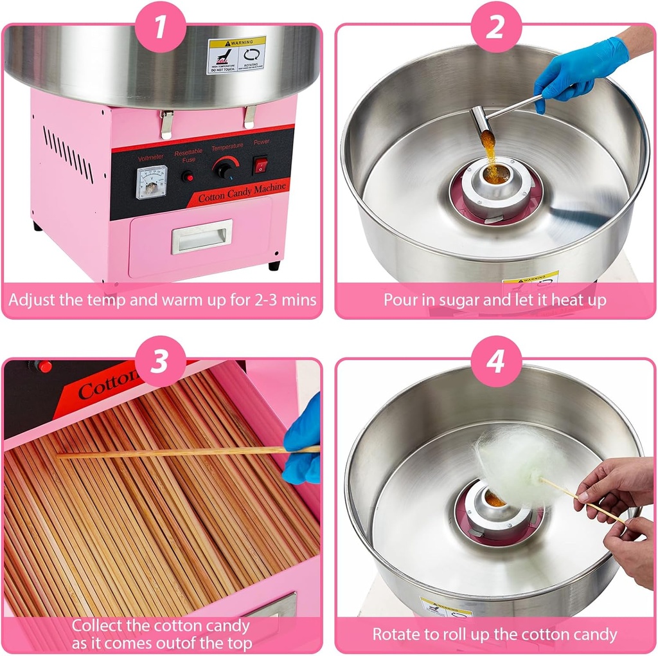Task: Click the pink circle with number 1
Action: click(161, 27)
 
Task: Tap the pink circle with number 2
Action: click(495, 27)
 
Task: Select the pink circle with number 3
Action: click(161, 361)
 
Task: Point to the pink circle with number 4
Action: click(495, 361)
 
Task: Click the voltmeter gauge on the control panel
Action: click(152, 182)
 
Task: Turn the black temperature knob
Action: click(224, 170)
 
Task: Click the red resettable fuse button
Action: click(188, 176)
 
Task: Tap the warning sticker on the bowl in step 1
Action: click(236, 55)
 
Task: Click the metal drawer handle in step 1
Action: click(202, 237)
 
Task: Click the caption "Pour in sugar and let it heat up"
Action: click(495, 300)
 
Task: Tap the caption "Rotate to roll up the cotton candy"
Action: click(495, 634)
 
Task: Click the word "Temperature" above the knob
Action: click(227, 147)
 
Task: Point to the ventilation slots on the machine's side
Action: click(68, 154)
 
